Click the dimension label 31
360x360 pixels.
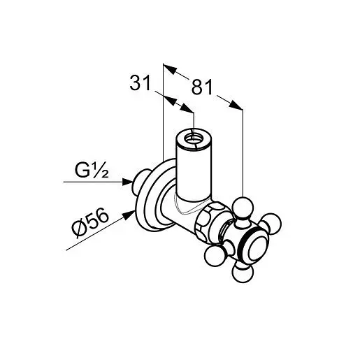click(x=141, y=82)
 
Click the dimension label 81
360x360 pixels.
click(x=202, y=87)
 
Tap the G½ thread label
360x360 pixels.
click(x=92, y=170)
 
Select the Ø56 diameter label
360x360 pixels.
click(x=90, y=222)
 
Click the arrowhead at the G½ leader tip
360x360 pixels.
click(x=128, y=182)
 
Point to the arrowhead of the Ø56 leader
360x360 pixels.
click(x=129, y=215)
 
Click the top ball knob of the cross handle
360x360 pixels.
click(x=243, y=208)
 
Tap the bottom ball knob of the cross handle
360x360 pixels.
click(x=243, y=272)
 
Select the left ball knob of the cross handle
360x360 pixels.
click(x=215, y=256)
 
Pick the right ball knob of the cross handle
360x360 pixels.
click(x=271, y=224)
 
